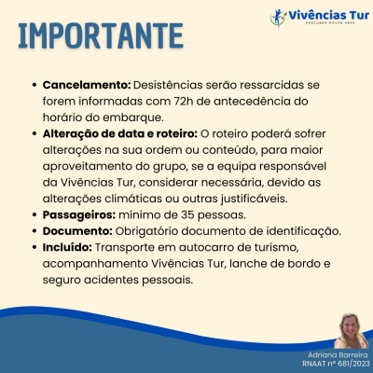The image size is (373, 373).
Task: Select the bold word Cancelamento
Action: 80,85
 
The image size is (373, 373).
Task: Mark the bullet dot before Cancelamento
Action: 35,85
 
